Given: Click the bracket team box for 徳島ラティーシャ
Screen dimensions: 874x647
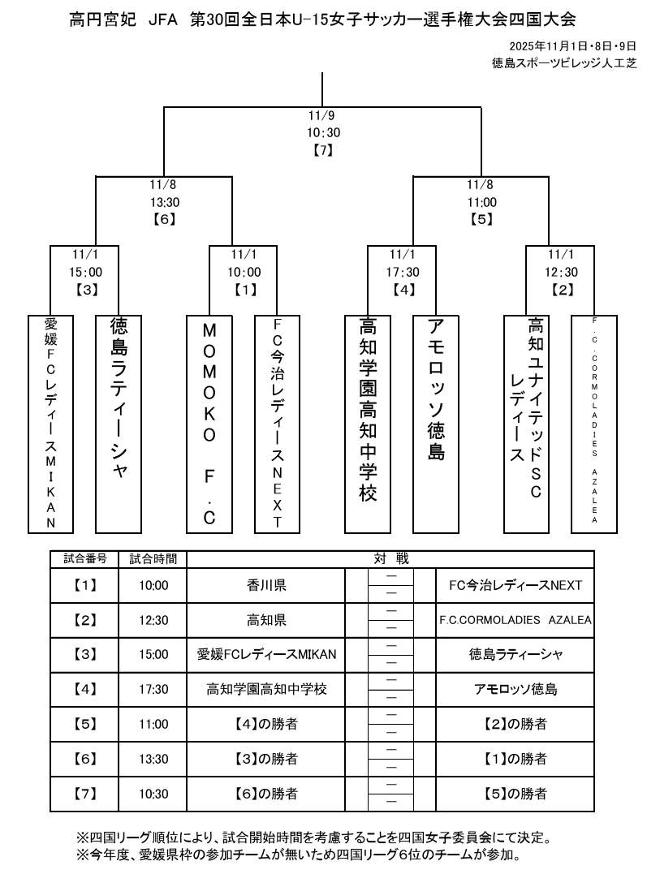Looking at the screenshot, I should click(119, 423).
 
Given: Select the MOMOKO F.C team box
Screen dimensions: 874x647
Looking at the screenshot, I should click(209, 423).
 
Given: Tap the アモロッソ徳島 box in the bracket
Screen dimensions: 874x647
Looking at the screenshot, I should click(436, 423).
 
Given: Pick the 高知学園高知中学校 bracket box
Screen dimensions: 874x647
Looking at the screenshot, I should click(368, 423).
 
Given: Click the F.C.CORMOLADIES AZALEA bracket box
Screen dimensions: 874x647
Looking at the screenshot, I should click(595, 423).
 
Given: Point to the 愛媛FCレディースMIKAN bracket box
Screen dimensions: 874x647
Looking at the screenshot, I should click(50, 423).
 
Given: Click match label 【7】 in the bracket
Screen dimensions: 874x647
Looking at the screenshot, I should click(323, 149).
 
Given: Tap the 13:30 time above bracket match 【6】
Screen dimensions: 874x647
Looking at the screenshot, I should click(163, 202).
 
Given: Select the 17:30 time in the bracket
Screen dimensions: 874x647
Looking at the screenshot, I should click(403, 273).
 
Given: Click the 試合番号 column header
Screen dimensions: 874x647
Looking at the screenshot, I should click(84, 559).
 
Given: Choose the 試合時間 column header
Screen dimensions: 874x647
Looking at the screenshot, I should click(153, 559).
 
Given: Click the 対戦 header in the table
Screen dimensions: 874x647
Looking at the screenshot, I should click(391, 559).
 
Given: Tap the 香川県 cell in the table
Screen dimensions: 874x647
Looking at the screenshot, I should click(266, 585).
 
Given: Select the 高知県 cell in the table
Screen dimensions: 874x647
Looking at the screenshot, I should click(266, 620).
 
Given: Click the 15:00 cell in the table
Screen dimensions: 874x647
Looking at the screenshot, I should click(153, 655).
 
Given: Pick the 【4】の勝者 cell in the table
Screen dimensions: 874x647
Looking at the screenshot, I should click(266, 724).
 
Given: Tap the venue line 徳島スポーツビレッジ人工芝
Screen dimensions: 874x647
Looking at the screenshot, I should click(563, 62).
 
